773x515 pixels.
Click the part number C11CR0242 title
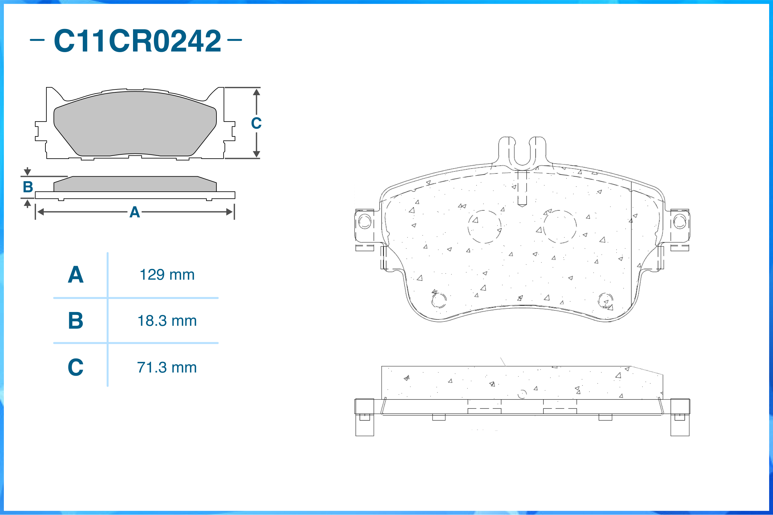click(x=138, y=41)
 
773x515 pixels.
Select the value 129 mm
click(x=167, y=275)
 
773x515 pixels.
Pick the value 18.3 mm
click(x=167, y=321)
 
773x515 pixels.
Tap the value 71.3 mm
click(x=167, y=368)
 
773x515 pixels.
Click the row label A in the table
click(x=76, y=275)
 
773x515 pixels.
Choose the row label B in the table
click(x=76, y=321)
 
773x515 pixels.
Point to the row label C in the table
click(x=76, y=367)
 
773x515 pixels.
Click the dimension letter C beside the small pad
click(x=256, y=123)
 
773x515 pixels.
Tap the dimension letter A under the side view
click(x=135, y=212)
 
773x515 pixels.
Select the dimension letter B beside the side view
click(x=28, y=187)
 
